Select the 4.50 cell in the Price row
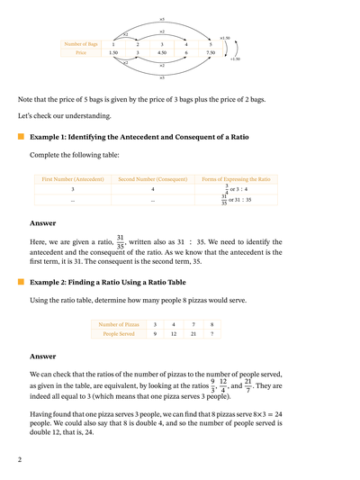(x=162, y=53)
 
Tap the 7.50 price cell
(x=211, y=53)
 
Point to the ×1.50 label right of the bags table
(x=224, y=39)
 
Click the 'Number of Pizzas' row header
(x=119, y=323)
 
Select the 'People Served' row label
(x=119, y=334)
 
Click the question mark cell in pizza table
(x=211, y=334)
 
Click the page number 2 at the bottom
(x=19, y=459)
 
